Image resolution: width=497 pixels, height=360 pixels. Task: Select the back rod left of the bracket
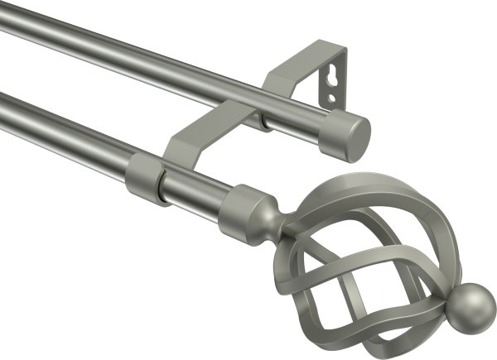pyautogui.click(x=124, y=62)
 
